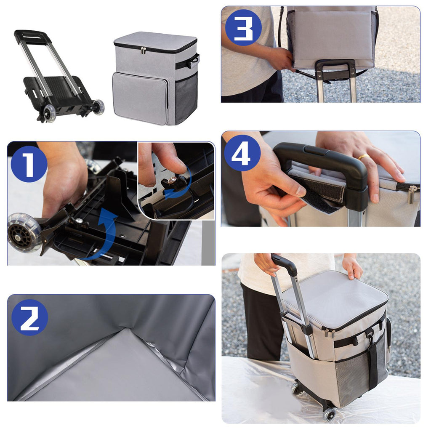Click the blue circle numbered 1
pos(29,164)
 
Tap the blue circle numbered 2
pos(30,317)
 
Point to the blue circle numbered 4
pos(242,153)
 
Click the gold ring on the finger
pos(364,157)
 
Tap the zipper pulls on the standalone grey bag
pos(143,51)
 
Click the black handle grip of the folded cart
pos(32,37)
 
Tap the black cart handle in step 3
pos(336,70)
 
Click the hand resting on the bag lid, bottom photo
pos(352,266)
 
